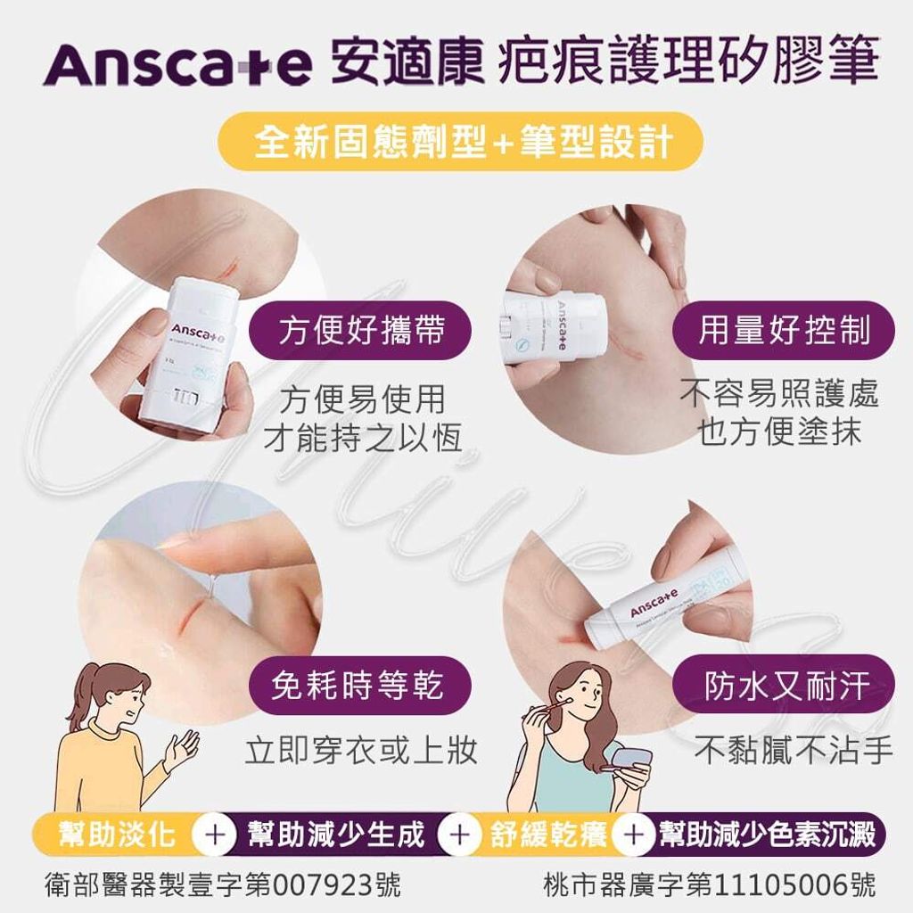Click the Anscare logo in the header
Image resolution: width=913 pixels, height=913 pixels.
pyautogui.click(x=177, y=65)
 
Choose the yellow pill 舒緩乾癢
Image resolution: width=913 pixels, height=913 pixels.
pyautogui.click(x=548, y=835)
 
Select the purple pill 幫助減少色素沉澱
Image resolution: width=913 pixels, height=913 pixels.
pyautogui.click(x=767, y=835)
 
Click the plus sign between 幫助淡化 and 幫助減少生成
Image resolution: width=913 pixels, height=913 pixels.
pyautogui.click(x=214, y=836)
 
